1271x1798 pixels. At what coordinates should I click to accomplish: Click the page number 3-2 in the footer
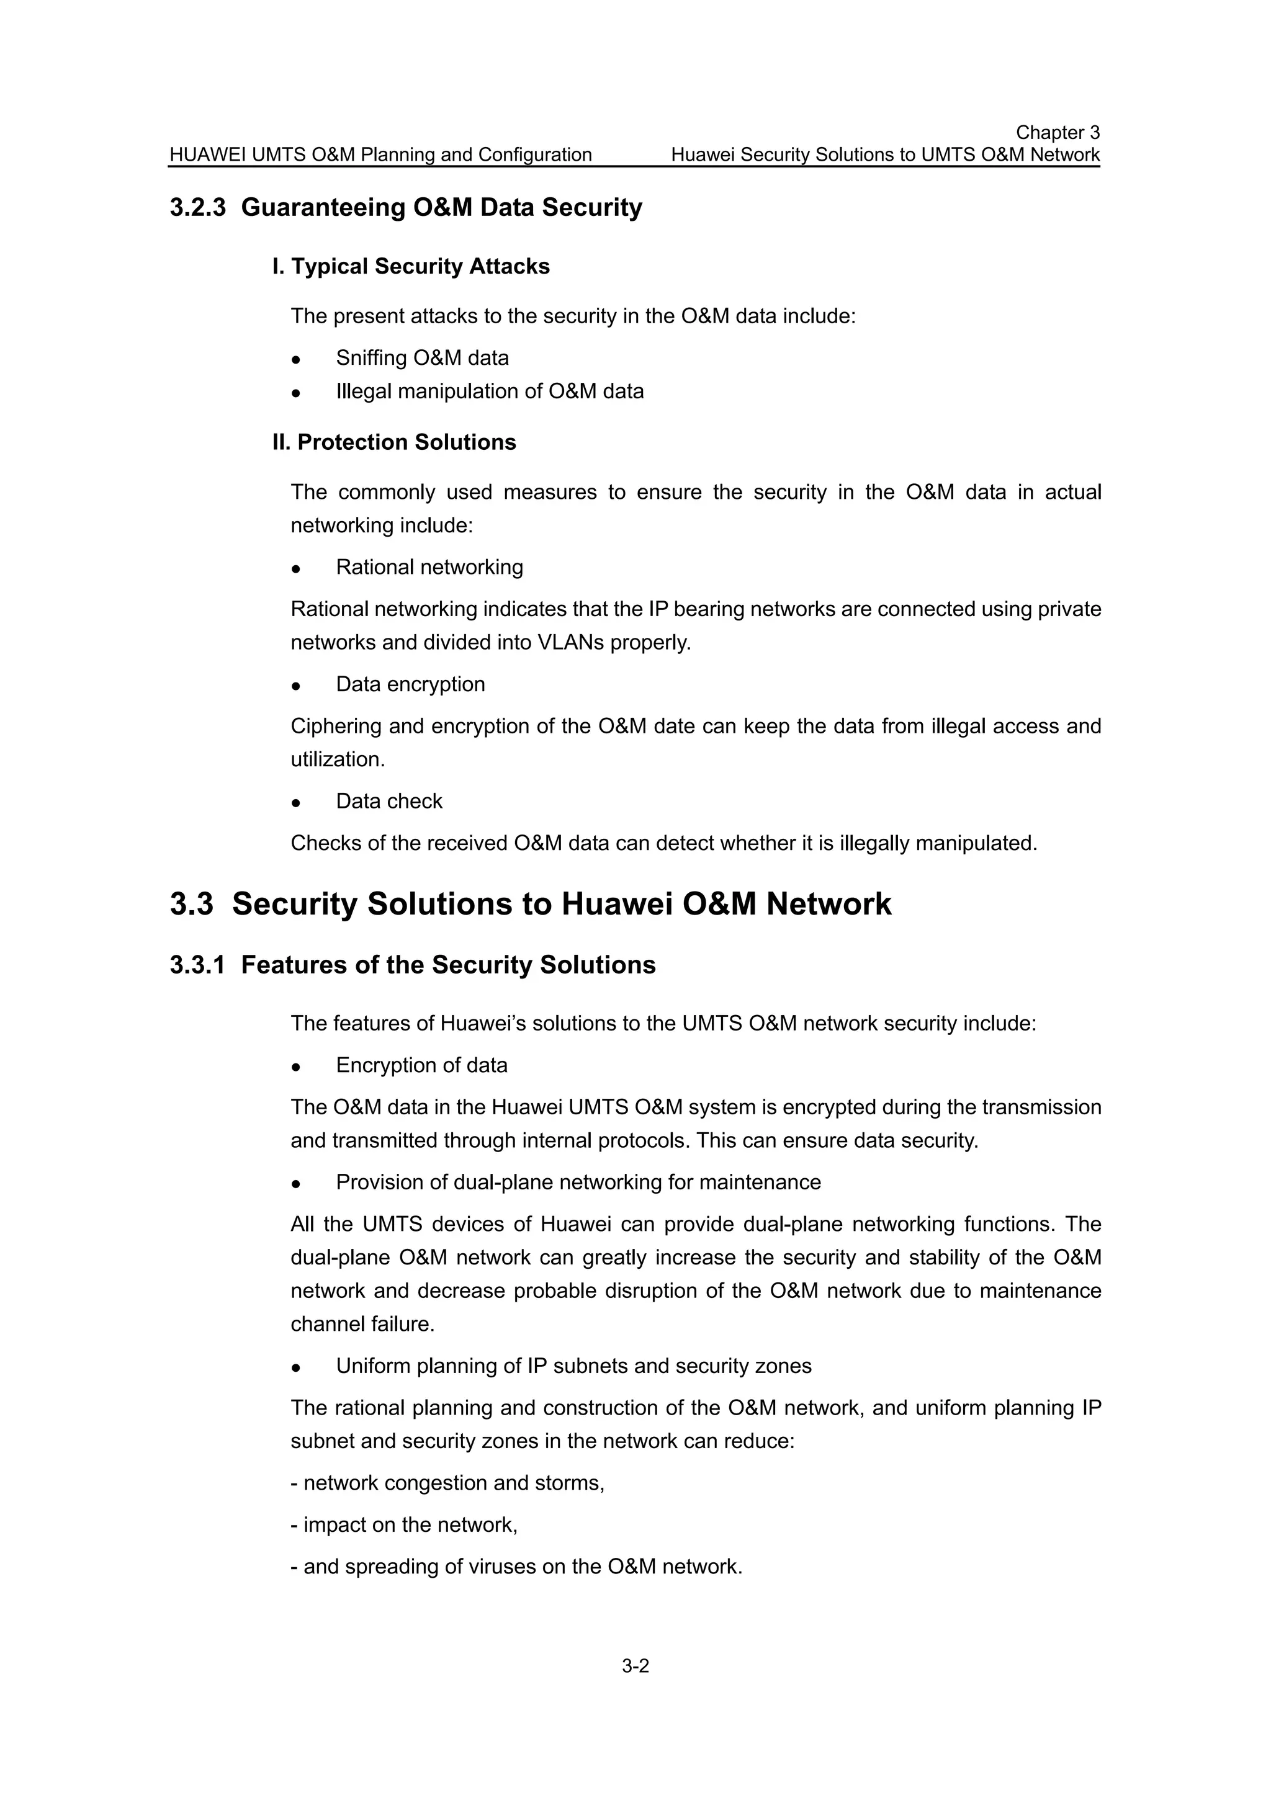click(635, 1666)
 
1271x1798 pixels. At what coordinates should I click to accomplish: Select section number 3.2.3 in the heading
click(197, 207)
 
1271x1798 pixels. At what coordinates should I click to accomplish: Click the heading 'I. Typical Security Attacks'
click(410, 266)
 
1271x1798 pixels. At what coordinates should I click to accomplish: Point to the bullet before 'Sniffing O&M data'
click(296, 359)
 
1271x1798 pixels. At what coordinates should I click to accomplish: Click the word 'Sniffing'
click(371, 358)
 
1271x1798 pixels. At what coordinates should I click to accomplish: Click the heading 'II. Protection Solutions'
click(394, 442)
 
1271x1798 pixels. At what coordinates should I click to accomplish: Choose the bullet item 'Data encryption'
click(410, 684)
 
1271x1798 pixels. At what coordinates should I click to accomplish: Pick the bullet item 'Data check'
click(389, 801)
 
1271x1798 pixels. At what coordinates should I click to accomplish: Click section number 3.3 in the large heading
click(191, 904)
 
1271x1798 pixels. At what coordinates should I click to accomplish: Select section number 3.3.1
click(197, 965)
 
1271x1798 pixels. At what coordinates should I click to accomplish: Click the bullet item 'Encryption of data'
click(421, 1065)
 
